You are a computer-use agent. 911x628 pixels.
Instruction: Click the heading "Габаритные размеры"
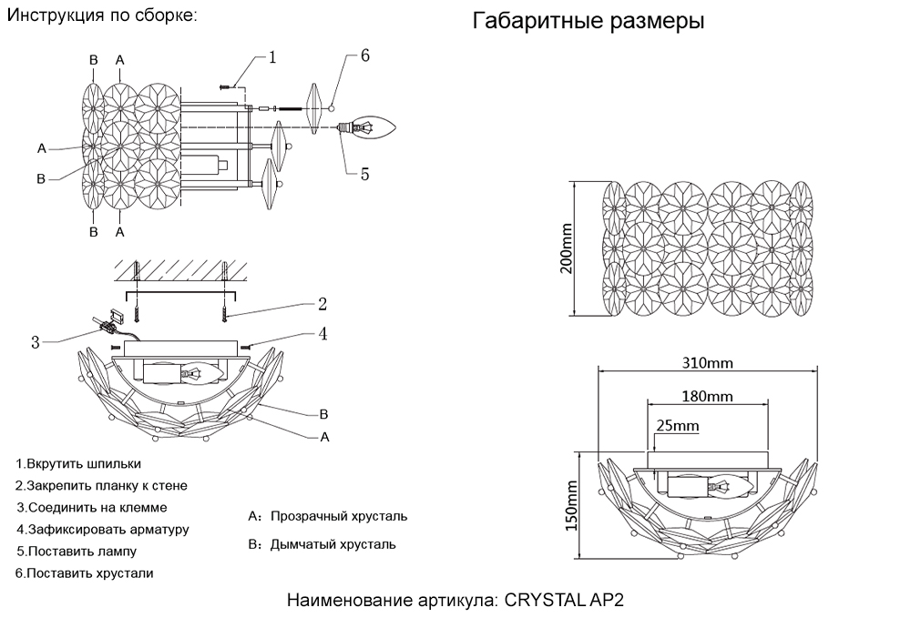click(x=588, y=22)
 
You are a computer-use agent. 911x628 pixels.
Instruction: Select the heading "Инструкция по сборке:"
click(x=101, y=16)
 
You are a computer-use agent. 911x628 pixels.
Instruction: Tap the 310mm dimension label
click(x=708, y=363)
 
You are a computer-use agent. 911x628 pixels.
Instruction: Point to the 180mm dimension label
click(x=707, y=397)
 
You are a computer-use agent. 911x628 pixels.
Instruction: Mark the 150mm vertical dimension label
click(x=571, y=506)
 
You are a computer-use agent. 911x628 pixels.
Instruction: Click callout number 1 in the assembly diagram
click(x=271, y=57)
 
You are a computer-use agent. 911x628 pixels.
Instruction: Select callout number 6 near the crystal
click(x=364, y=56)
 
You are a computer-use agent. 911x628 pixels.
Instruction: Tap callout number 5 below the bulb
click(x=364, y=174)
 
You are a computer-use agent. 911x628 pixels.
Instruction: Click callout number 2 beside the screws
click(x=322, y=304)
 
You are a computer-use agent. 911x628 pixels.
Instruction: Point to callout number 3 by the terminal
click(x=36, y=342)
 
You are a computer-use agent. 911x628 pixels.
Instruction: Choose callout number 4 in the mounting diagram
click(x=322, y=334)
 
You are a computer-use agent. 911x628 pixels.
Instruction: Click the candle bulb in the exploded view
click(x=375, y=128)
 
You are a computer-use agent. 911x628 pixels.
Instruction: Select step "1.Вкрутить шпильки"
click(x=79, y=463)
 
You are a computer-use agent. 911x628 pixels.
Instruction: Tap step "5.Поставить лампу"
click(x=77, y=552)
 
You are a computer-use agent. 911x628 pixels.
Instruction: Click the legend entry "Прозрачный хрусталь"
click(x=338, y=516)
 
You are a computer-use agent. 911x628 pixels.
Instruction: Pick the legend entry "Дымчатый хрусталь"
click(x=333, y=544)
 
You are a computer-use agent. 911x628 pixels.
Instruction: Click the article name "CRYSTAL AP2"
click(x=565, y=601)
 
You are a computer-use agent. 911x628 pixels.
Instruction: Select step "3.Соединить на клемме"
click(x=92, y=507)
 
